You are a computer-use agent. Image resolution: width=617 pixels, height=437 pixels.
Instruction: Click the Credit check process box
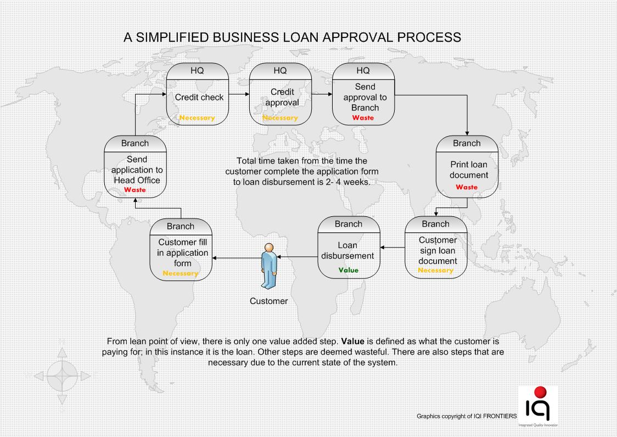(199, 97)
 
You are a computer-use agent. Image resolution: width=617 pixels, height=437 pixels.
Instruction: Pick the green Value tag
(348, 270)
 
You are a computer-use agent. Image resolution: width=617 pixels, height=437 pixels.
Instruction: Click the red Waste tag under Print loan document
(467, 187)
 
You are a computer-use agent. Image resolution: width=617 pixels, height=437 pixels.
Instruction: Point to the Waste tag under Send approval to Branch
(363, 117)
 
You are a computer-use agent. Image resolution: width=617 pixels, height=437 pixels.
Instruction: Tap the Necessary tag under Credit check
(197, 117)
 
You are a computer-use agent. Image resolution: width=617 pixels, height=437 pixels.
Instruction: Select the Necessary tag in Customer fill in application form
(180, 273)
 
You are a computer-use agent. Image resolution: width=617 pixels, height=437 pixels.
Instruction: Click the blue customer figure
(269, 266)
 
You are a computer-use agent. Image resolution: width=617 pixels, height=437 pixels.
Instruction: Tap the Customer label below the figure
(268, 301)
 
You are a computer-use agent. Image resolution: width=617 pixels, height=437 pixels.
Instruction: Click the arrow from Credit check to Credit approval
(239, 94)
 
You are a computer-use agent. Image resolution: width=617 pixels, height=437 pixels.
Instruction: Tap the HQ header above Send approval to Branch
(363, 70)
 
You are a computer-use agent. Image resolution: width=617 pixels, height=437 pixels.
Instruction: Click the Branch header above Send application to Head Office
(134, 143)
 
